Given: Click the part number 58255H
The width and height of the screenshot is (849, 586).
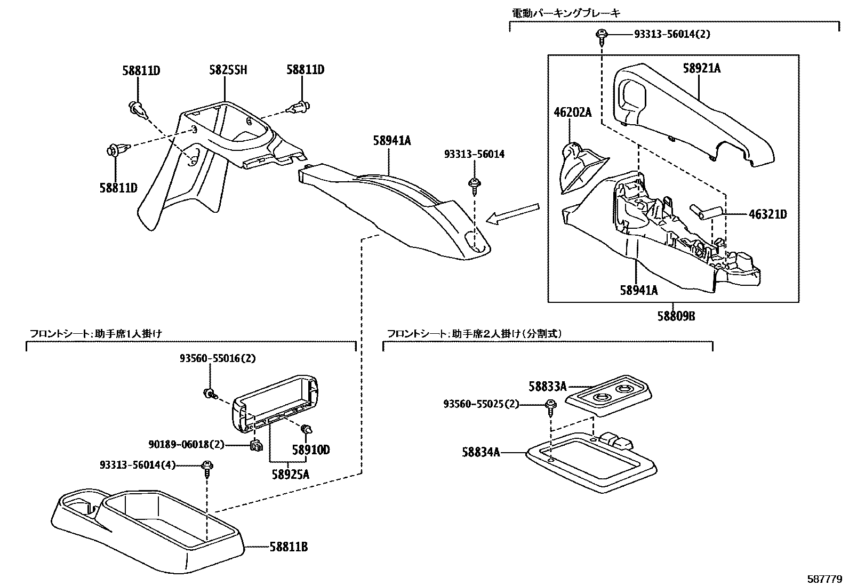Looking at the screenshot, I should pos(228,70).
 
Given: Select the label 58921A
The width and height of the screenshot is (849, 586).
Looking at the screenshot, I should pos(701,68).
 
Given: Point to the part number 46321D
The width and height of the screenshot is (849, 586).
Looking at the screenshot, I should pos(767,214).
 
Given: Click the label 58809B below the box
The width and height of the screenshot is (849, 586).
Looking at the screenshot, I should pos(676,316).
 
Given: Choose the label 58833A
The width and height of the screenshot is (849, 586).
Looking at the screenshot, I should pos(547,386).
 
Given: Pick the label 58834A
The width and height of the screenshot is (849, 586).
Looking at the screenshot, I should pos(480,452).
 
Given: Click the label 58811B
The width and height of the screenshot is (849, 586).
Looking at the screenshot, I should pos(288,547).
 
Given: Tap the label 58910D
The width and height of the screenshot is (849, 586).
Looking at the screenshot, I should pos(311,450).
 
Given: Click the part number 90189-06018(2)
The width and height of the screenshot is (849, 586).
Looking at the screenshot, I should pos(187,444).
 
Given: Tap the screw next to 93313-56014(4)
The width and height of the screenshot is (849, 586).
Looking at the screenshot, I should pos(207,468).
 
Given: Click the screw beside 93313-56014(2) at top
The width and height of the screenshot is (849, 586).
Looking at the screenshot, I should pos(602,36).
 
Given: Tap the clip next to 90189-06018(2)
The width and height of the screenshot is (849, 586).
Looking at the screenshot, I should pos(256,445).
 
